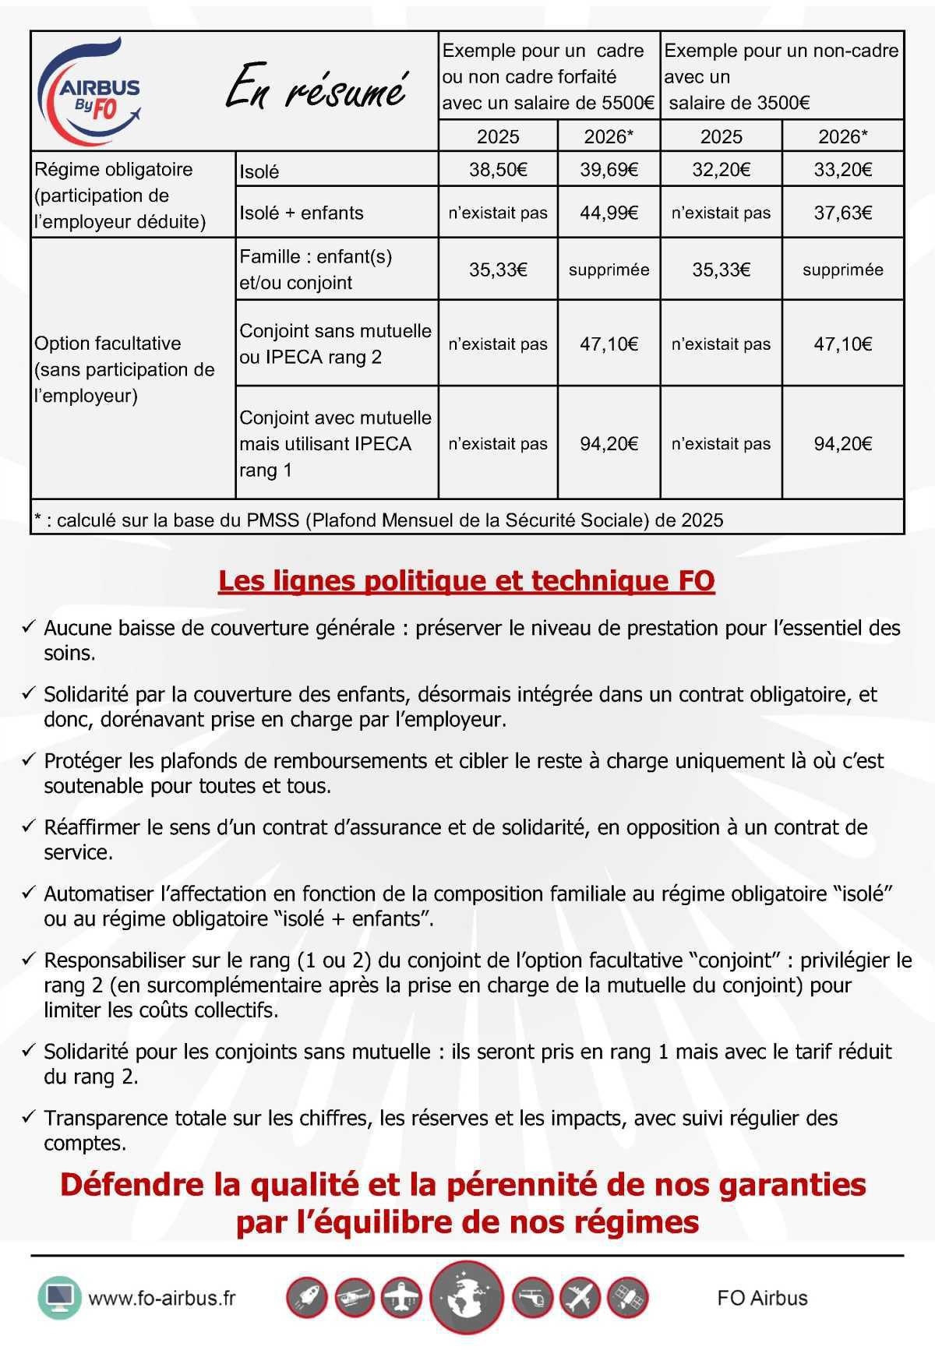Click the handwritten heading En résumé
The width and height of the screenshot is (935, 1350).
316,90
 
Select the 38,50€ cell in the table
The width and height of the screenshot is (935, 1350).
498,169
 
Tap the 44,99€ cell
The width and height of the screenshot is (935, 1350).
609,213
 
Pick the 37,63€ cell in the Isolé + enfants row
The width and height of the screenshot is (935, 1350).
842,213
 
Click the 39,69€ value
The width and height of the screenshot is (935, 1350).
609,169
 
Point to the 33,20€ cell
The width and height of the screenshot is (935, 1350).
842,169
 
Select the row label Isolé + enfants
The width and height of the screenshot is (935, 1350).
302,213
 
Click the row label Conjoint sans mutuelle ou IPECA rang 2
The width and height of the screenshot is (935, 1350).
335,344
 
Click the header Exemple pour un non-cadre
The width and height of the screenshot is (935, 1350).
781,76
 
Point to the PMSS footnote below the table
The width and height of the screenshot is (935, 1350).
379,520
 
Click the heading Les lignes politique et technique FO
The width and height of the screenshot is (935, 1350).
466,580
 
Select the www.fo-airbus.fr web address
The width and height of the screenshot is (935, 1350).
161,1298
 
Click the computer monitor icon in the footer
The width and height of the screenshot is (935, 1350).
59,1297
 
